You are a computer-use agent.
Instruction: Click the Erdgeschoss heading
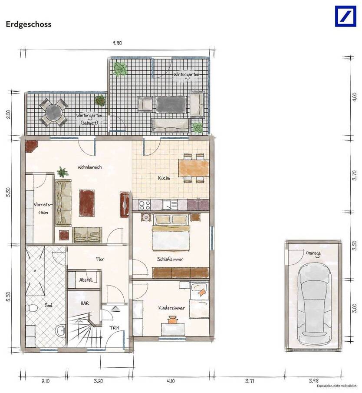click(x=29, y=24)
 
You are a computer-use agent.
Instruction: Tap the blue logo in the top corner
click(x=345, y=16)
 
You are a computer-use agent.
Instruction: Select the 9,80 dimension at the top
click(x=117, y=43)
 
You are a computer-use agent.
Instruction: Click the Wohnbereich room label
click(x=89, y=167)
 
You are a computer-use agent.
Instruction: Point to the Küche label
click(x=164, y=178)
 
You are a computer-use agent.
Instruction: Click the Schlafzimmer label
click(x=170, y=259)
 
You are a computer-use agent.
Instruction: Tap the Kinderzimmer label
click(x=172, y=307)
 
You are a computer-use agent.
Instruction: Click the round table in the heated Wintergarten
click(x=53, y=112)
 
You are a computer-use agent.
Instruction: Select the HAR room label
click(x=85, y=303)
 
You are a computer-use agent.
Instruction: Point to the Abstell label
click(x=86, y=280)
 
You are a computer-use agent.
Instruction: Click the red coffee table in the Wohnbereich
click(x=86, y=202)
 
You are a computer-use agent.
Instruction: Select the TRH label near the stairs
click(x=115, y=328)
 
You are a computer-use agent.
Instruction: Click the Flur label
click(x=100, y=259)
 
